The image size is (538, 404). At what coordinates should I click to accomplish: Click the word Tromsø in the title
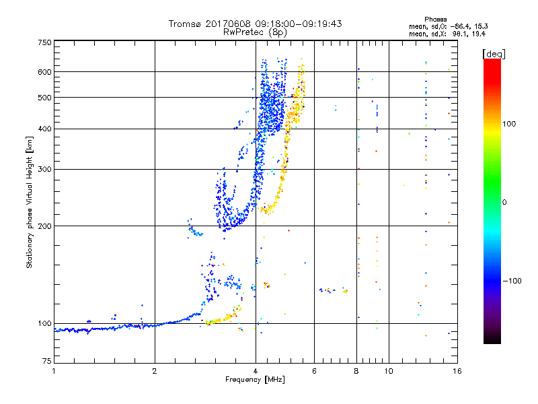(x=185, y=24)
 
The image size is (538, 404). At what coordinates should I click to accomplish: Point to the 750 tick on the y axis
(x=44, y=42)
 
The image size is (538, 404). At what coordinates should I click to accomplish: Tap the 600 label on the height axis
(x=44, y=72)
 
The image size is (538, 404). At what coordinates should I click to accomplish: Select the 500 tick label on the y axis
(x=44, y=98)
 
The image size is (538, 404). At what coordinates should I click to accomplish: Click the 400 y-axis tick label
(x=44, y=129)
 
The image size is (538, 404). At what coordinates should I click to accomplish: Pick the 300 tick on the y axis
(x=44, y=170)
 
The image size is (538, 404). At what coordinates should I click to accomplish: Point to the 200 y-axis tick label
(x=44, y=226)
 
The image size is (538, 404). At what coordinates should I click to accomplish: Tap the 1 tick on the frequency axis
(x=54, y=371)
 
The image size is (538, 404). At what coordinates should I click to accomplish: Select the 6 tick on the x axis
(x=315, y=371)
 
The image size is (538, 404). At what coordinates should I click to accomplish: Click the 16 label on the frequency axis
(x=457, y=371)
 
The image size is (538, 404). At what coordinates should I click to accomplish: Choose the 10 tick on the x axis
(x=388, y=371)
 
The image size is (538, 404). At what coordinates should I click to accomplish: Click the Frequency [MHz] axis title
(x=255, y=380)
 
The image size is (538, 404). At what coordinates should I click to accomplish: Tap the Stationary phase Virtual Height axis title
(x=30, y=203)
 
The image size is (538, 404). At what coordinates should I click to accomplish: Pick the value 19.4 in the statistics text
(x=478, y=32)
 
